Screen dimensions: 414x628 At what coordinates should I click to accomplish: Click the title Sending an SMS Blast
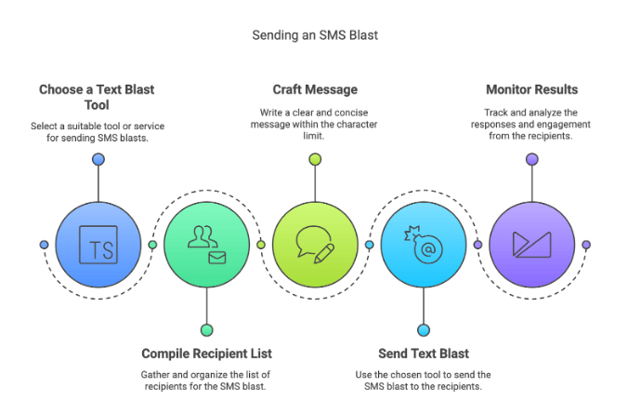(x=315, y=35)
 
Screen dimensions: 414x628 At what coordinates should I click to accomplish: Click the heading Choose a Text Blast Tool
(x=97, y=98)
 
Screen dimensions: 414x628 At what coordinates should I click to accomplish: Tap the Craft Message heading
(x=315, y=90)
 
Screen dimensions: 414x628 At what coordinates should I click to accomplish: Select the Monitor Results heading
(x=531, y=90)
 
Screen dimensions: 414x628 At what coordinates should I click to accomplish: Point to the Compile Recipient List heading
(x=206, y=354)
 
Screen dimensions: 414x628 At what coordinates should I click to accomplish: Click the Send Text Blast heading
(x=424, y=354)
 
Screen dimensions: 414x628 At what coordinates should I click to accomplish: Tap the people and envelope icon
(x=206, y=245)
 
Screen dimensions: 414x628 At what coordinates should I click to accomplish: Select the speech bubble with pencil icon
(x=315, y=245)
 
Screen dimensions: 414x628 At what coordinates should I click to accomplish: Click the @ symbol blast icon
(x=424, y=245)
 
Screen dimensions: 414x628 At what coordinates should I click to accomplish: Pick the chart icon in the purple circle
(x=531, y=245)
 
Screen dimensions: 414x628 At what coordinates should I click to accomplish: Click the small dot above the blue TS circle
(x=98, y=159)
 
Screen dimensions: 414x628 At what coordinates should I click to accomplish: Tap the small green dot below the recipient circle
(x=206, y=329)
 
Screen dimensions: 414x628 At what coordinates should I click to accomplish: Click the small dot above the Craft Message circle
(x=315, y=159)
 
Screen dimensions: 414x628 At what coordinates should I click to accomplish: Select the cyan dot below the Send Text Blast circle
(x=424, y=329)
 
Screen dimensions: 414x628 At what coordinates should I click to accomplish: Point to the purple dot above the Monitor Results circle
(x=531, y=159)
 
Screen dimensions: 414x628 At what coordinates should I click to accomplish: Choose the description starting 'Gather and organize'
(x=206, y=381)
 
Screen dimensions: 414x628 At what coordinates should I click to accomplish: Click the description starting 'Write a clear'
(x=315, y=124)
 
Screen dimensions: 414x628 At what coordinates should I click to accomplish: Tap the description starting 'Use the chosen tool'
(x=424, y=381)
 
